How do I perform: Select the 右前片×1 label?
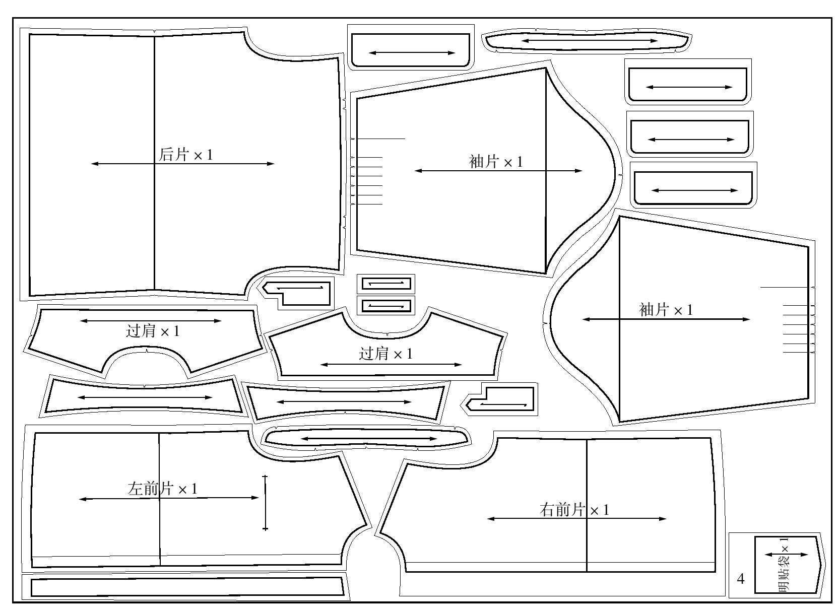[x=574, y=510]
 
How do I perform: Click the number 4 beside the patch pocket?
[x=740, y=579]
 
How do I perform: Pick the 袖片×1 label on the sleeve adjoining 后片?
[x=496, y=162]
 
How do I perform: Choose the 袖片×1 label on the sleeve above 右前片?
[x=666, y=309]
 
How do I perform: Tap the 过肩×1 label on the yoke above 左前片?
[x=152, y=331]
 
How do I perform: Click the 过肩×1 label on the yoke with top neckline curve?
[x=385, y=354]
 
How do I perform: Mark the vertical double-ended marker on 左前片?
[x=265, y=502]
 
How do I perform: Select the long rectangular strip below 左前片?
[x=186, y=587]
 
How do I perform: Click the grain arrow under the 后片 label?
[x=182, y=164]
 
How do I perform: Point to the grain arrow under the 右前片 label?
[x=576, y=519]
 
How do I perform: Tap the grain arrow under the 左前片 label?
[x=169, y=499]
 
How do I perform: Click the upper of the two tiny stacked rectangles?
[x=386, y=284]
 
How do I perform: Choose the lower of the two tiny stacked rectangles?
[x=386, y=305]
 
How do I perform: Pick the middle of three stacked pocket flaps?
[x=690, y=137]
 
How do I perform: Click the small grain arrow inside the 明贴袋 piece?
[x=786, y=555]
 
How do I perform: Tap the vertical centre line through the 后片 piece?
[x=154, y=227]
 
